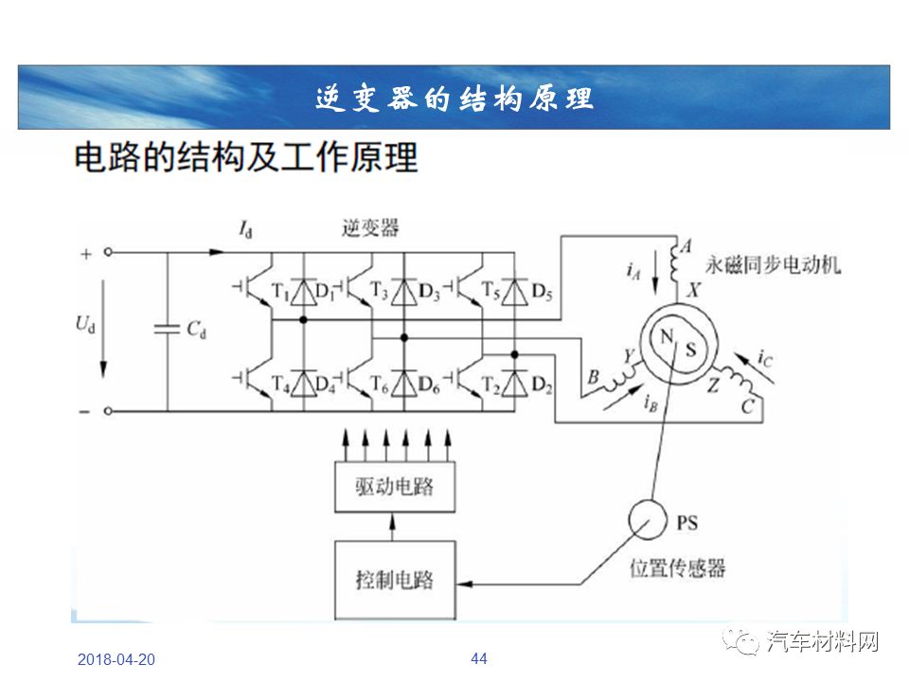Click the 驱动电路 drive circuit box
coord(395,487)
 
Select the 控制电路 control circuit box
coord(395,580)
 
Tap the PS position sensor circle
coord(648,520)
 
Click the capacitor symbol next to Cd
coord(167,330)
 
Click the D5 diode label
coord(542,292)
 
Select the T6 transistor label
coord(380,384)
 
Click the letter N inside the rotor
coord(666,335)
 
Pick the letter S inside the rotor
coord(690,349)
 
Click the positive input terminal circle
coord(108,252)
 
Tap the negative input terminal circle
coord(108,411)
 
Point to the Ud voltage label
coord(85,325)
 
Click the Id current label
coord(246,229)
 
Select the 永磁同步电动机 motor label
coord(773,265)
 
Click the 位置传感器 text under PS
coord(678,567)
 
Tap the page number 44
coord(479,658)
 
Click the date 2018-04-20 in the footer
coord(116,659)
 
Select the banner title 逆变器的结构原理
coord(454,98)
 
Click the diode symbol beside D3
coord(404,292)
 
